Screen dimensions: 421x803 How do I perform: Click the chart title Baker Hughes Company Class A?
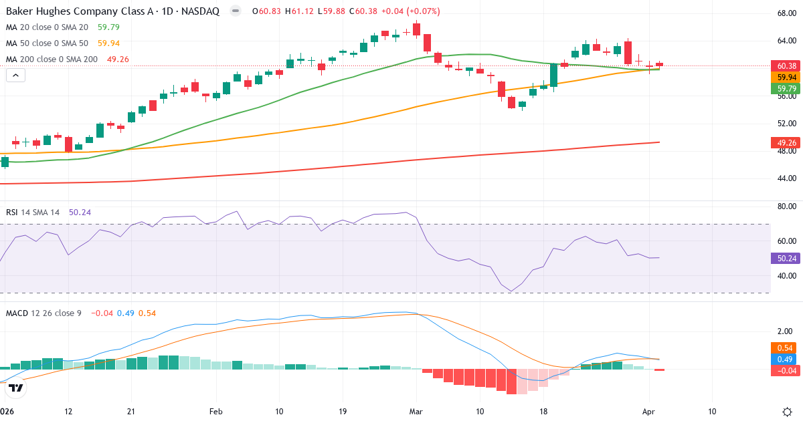(74, 11)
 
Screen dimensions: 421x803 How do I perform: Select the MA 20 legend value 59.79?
(109, 27)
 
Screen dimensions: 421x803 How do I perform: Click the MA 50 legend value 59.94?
(109, 43)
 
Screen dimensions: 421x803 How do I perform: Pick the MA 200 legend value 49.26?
(117, 59)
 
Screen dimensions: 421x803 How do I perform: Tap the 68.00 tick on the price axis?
(786, 13)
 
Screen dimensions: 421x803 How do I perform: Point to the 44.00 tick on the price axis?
(786, 178)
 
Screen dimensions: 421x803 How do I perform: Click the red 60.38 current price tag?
(786, 65)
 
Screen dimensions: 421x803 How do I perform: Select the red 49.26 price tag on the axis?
(786, 142)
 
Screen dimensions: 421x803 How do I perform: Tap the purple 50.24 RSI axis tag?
(786, 258)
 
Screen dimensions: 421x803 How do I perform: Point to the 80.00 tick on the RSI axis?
(786, 206)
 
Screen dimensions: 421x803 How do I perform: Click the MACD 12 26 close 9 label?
(43, 313)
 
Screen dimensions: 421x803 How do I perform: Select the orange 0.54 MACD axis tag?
(786, 347)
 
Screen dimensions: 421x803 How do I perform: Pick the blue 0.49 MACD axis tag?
(786, 359)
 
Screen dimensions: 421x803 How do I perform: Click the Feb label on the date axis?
(215, 412)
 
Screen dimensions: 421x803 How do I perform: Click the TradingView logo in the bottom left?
(17, 387)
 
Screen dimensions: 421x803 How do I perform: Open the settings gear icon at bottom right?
(787, 412)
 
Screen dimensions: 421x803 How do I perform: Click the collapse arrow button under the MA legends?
(16, 76)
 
